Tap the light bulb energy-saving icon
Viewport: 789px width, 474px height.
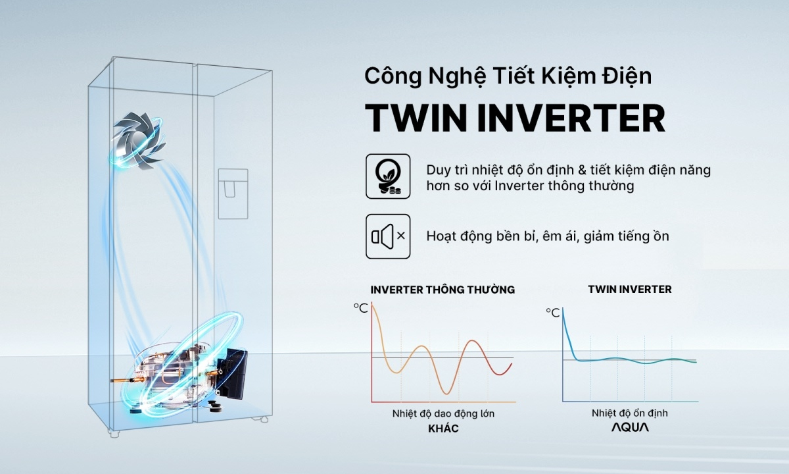[x=388, y=176]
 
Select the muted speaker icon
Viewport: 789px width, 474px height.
[x=388, y=236]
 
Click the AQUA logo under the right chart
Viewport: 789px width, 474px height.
[x=629, y=427]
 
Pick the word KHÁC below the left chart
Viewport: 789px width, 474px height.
[x=442, y=429]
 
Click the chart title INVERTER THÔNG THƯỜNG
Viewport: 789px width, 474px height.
[x=442, y=289]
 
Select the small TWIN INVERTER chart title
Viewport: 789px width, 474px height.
[x=629, y=289]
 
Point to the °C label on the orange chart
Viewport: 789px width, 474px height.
[x=360, y=307]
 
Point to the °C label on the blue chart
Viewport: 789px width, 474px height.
[x=552, y=313]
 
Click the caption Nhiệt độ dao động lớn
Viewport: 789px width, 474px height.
[x=442, y=413]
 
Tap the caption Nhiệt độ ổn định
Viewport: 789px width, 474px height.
[x=629, y=413]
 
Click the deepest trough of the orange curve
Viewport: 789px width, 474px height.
[x=446, y=393]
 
